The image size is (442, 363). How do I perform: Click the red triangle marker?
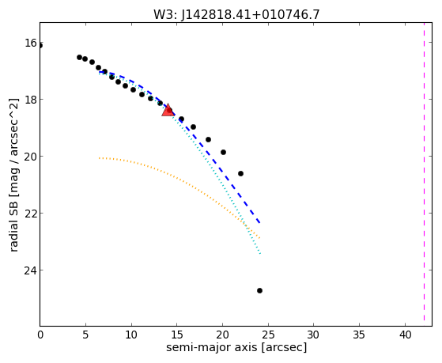168,111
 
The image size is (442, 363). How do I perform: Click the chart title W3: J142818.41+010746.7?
236,14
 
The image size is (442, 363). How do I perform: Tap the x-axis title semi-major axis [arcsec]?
236,347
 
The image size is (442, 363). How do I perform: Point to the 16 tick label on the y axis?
31,43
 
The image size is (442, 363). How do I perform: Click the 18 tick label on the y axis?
31,100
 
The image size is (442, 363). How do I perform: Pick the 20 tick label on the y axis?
31,157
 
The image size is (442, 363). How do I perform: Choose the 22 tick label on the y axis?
31,214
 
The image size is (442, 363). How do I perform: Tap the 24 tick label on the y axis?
31,270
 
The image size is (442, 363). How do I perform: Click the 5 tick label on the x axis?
85,335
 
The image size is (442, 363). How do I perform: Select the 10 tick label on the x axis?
131,335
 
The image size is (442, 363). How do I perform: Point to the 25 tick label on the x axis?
268,335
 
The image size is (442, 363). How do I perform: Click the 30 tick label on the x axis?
313,335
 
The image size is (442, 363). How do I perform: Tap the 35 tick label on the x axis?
359,335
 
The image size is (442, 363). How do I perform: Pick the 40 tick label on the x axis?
405,335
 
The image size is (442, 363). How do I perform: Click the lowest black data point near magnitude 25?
259,290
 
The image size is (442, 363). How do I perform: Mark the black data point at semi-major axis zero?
40,45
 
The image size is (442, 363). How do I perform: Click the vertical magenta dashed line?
424,174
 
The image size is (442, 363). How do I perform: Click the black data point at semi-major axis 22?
240,173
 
